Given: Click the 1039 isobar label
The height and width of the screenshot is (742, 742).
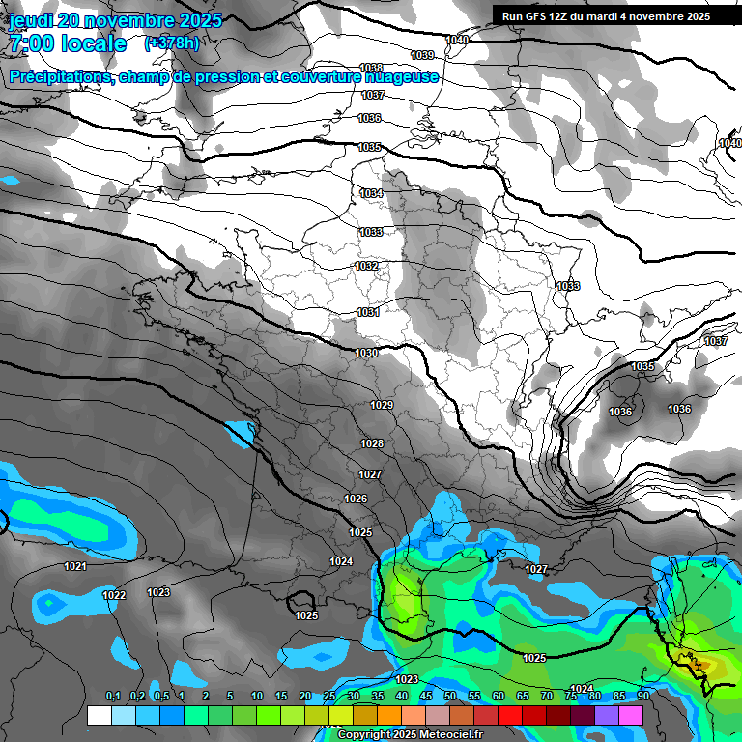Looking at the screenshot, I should pos(422,55).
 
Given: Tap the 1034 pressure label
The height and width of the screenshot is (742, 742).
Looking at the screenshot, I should pos(371,194).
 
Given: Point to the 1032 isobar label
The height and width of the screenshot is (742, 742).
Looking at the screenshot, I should pos(366,266).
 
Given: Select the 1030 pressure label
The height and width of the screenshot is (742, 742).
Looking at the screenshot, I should pos(366,354).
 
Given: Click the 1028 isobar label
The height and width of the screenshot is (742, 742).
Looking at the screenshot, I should pos(372,443).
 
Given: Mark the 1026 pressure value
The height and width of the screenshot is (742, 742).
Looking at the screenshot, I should pos(356,499).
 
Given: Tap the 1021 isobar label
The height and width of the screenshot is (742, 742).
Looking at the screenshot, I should pos(75,566).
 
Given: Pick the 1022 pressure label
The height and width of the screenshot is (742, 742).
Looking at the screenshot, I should pos(114,595).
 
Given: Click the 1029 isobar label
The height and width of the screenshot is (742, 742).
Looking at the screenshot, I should pos(382,405).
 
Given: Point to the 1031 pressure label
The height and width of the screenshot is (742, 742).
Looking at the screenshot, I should pos(367,312).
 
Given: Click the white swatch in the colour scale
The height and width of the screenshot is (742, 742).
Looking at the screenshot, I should pos(99,716).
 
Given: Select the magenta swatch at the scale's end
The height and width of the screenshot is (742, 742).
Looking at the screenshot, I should pos(631,716).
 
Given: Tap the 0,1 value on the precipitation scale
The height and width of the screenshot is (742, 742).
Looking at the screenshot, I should pos(113,697).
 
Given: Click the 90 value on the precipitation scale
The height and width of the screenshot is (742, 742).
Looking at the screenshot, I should pos(643,697).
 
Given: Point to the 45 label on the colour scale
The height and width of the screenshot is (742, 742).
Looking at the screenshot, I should pos(426,697).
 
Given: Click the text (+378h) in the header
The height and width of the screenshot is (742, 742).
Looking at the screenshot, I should pos(171,43).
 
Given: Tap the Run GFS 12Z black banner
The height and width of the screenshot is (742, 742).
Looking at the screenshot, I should pos(606,15).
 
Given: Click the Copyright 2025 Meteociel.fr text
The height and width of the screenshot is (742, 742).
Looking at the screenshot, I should pos(410,735).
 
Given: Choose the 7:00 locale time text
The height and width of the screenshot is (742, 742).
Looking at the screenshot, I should pos(68,43).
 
